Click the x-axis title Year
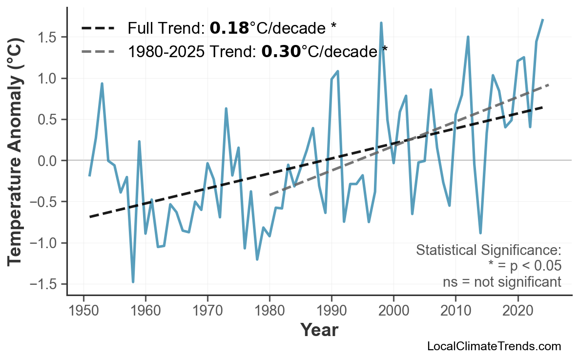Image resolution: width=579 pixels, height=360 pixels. click(x=319, y=331)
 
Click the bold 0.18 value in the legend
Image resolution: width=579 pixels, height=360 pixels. click(x=229, y=28)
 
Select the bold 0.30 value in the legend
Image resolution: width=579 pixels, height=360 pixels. click(x=281, y=51)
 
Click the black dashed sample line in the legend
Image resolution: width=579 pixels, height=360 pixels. click(x=98, y=28)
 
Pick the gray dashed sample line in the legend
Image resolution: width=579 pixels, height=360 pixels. click(x=98, y=51)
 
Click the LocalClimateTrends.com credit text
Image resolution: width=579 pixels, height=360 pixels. click(x=494, y=346)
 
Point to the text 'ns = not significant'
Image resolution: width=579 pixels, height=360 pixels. click(x=501, y=282)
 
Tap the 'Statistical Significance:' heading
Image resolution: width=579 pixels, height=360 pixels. click(x=488, y=251)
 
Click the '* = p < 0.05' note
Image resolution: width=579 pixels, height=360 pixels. click(x=524, y=266)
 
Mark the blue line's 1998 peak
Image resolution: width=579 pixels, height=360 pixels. click(x=381, y=23)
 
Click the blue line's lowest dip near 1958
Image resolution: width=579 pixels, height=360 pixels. click(x=133, y=282)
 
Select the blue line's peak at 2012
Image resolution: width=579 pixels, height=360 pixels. click(x=468, y=37)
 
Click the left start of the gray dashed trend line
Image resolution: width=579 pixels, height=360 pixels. click(x=270, y=195)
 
